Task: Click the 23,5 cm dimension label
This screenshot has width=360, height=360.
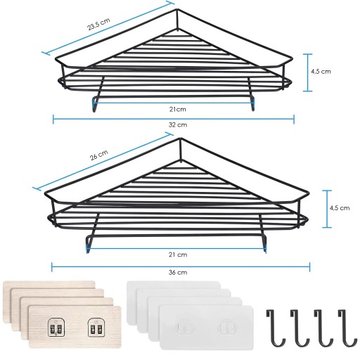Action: pos(98,24)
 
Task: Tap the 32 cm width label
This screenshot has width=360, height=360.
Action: pos(178,124)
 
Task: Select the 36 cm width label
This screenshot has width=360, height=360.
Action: pos(178,272)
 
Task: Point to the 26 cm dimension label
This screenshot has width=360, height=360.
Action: pos(99,155)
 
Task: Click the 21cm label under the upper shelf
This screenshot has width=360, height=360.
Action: pos(178,109)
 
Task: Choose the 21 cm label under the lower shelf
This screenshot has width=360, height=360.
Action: pos(178,255)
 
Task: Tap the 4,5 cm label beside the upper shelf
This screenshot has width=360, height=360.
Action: pos(321,71)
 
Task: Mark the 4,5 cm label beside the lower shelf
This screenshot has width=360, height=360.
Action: pos(340,208)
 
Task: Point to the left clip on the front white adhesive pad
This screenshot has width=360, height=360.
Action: pos(185,328)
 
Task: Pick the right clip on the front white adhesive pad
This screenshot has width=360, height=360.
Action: pos(226,328)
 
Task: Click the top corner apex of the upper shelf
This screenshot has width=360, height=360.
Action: pos(177,9)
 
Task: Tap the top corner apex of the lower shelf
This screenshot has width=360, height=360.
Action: pos(181,139)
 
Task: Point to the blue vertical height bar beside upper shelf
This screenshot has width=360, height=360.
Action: pos(307,72)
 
